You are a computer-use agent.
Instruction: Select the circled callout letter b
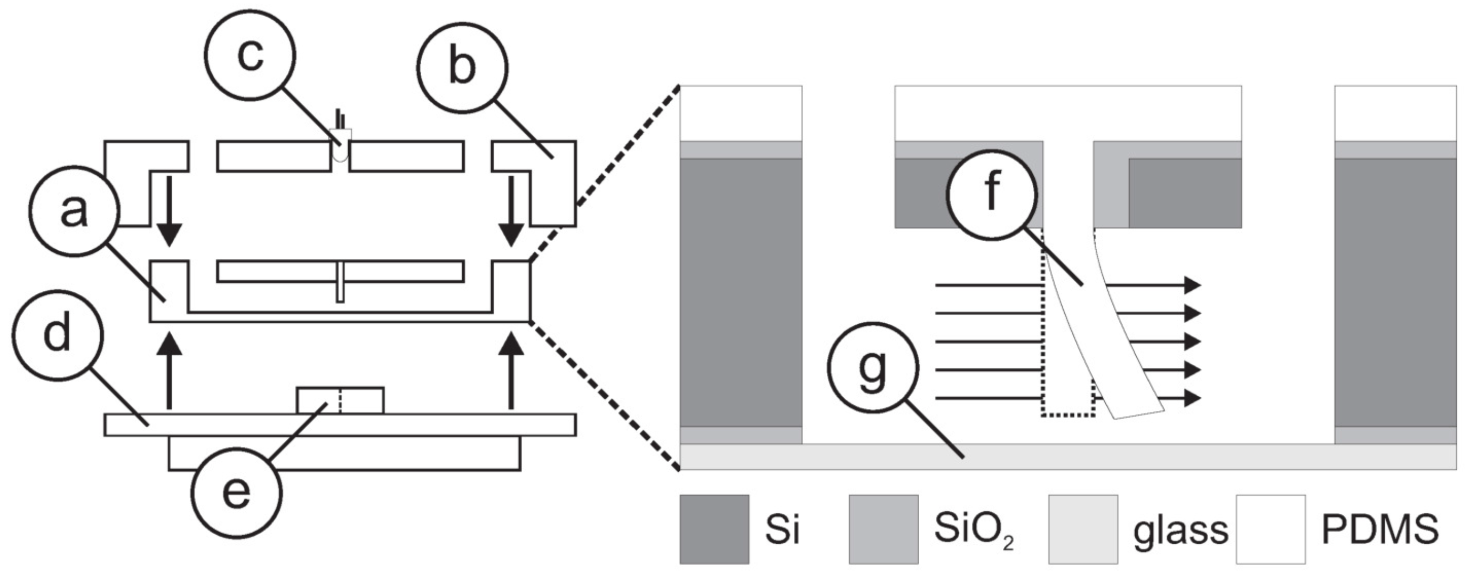(462, 67)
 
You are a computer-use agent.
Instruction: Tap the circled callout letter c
(250, 55)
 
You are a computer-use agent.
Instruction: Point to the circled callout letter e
(236, 492)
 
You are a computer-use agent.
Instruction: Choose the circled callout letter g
(873, 368)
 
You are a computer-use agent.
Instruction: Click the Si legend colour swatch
(714, 529)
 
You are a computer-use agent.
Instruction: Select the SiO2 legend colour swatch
(883, 529)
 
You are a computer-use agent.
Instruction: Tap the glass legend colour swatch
(1083, 529)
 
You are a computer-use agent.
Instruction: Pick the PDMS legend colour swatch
(1270, 529)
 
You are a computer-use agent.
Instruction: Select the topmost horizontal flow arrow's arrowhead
(1192, 285)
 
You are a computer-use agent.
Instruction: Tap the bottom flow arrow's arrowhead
(1192, 398)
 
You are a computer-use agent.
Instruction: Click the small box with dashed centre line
(340, 400)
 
